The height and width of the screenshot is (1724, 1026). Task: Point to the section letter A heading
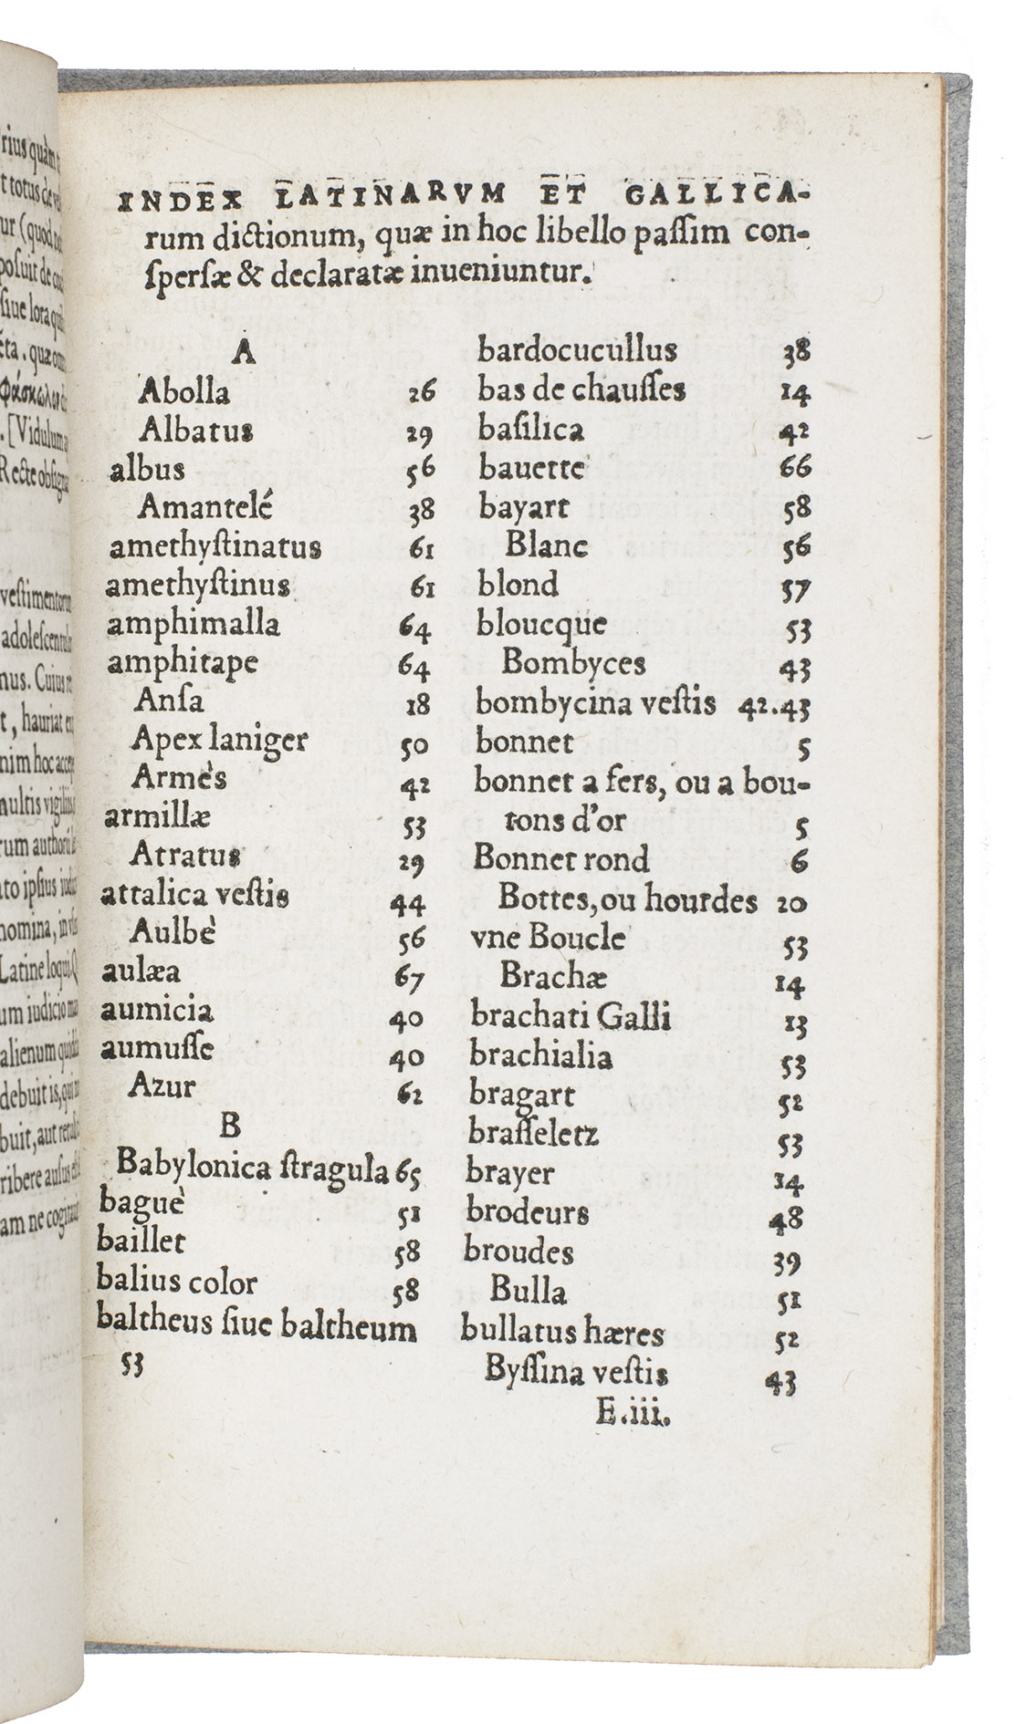click(x=242, y=353)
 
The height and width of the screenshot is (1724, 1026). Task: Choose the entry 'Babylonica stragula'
click(x=254, y=1167)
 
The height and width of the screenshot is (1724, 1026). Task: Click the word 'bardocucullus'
click(x=577, y=350)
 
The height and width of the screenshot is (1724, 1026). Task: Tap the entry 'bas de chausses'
click(x=581, y=390)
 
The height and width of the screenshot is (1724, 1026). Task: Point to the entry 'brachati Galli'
click(x=571, y=1016)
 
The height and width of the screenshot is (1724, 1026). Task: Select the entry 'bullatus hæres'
click(x=561, y=1333)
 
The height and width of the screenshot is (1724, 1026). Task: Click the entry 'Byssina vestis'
click(x=576, y=1373)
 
